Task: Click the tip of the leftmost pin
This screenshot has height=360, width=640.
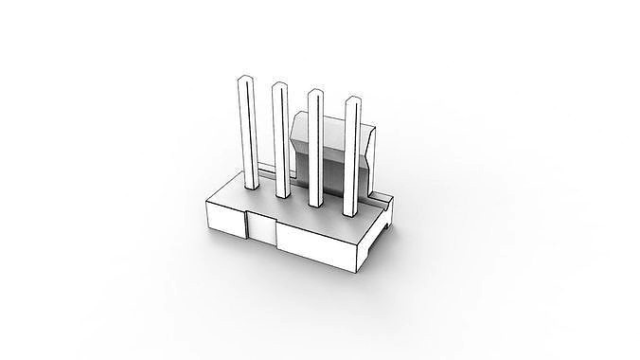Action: tap(244, 79)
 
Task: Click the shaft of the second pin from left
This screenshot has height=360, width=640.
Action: tap(281, 142)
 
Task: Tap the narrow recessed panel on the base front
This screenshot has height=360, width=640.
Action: tap(260, 228)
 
